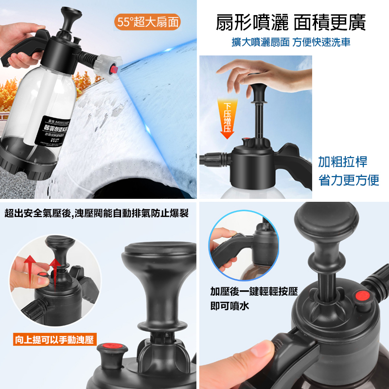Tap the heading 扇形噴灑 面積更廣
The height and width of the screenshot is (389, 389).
(291, 22)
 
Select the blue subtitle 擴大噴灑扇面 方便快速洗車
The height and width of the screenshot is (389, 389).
(291, 42)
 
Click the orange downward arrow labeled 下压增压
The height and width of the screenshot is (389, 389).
(227, 119)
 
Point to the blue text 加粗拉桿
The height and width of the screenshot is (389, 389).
(342, 161)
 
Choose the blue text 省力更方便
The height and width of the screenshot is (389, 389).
(348, 180)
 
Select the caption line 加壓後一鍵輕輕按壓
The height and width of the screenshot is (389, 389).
(254, 292)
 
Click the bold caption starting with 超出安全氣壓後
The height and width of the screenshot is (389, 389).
(96, 213)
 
